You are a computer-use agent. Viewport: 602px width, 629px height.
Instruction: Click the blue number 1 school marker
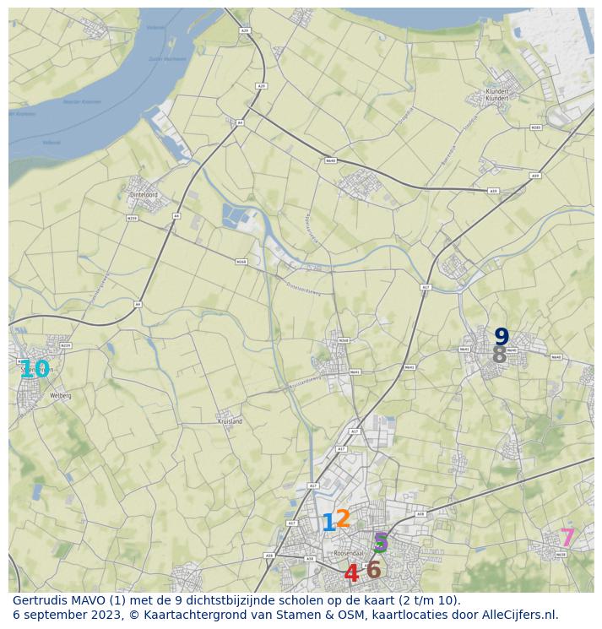[328, 523]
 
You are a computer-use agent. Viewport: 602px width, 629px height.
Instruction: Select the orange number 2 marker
[343, 518]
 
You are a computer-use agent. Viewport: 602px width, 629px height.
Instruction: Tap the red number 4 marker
[351, 574]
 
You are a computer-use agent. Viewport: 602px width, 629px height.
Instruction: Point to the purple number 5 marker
[381, 542]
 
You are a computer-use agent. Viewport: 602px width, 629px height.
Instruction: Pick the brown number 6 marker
[373, 570]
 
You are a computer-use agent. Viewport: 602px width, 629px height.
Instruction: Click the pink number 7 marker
[567, 538]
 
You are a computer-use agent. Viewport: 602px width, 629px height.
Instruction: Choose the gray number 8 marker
[499, 355]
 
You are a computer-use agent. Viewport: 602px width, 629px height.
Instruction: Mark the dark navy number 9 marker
[502, 337]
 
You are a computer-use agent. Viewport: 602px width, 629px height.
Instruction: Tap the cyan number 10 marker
[35, 369]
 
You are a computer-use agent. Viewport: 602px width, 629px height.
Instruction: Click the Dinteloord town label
[144, 194]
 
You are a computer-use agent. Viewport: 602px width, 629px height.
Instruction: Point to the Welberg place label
[61, 395]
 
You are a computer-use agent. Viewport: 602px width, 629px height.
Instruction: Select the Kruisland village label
[230, 420]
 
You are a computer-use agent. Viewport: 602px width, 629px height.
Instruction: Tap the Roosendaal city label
[348, 553]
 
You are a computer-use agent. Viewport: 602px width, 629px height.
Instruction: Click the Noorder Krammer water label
[82, 101]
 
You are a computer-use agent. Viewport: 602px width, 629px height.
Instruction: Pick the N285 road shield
[535, 127]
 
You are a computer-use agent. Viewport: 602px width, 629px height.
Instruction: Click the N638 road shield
[561, 555]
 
